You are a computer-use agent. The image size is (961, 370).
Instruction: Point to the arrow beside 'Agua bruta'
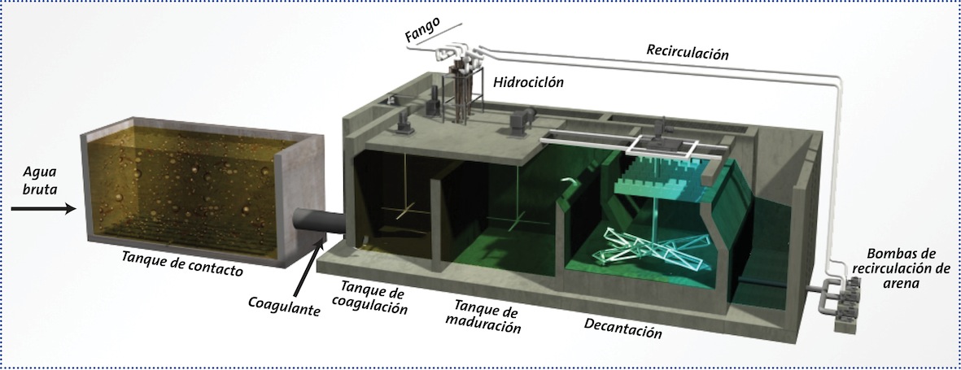click(x=43, y=210)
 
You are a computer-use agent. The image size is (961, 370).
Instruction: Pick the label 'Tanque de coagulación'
click(x=373, y=296)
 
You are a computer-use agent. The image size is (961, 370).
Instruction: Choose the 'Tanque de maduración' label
click(x=488, y=316)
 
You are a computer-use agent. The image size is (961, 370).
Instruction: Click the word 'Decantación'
click(x=621, y=327)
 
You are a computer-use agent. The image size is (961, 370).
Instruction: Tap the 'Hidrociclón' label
click(x=528, y=81)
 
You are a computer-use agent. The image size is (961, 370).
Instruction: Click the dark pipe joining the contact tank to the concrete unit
click(x=319, y=225)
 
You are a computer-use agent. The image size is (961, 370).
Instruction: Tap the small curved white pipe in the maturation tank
click(x=570, y=183)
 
